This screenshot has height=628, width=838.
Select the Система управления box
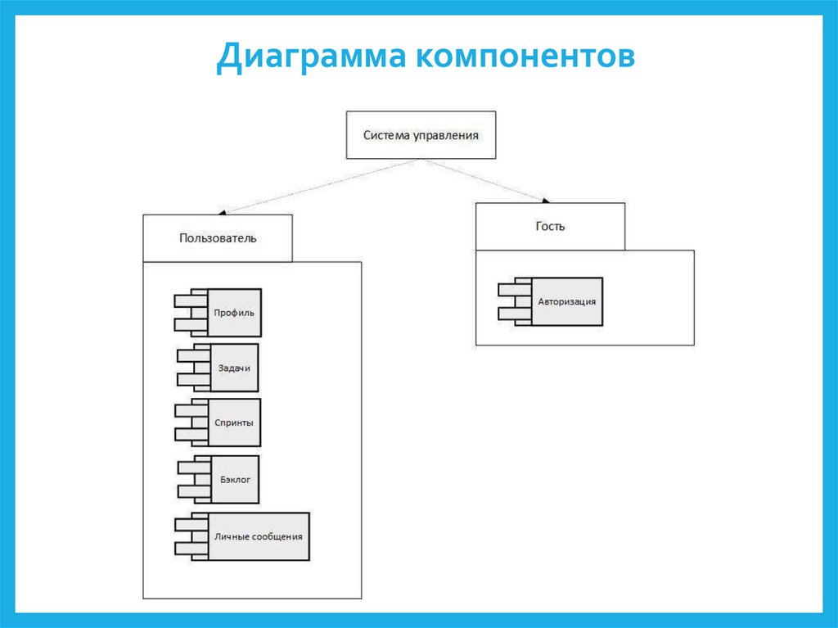tap(421, 134)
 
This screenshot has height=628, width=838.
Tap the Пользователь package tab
tap(218, 238)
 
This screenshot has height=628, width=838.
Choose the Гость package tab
tap(550, 226)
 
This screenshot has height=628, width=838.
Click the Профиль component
tap(234, 312)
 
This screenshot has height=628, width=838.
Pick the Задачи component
tap(234, 368)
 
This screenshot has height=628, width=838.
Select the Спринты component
tap(234, 422)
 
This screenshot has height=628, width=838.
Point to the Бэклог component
tap(234, 479)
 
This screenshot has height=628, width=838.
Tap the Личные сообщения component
tap(258, 536)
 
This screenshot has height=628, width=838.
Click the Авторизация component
tap(566, 301)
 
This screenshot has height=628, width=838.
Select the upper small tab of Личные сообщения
tap(191, 525)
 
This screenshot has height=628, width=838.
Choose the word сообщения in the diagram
tap(277, 537)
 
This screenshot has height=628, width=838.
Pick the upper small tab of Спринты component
tap(191, 411)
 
